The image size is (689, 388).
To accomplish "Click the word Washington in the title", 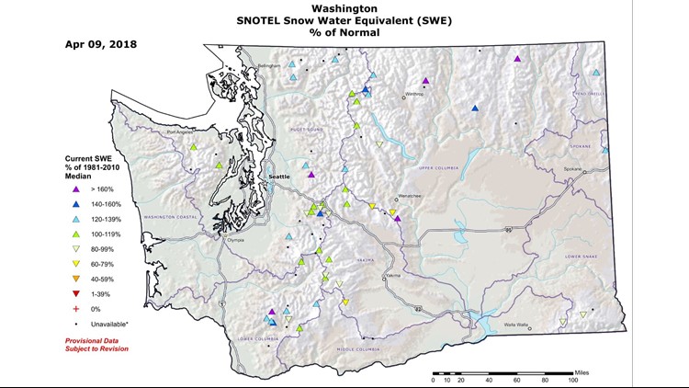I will coord(344,7).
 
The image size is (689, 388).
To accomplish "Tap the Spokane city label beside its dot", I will coord(573,169).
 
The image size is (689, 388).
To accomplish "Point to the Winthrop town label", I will coord(414,94).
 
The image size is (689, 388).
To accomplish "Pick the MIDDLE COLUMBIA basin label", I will coord(358,349).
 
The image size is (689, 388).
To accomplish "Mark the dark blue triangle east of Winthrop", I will coord(475,108).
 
